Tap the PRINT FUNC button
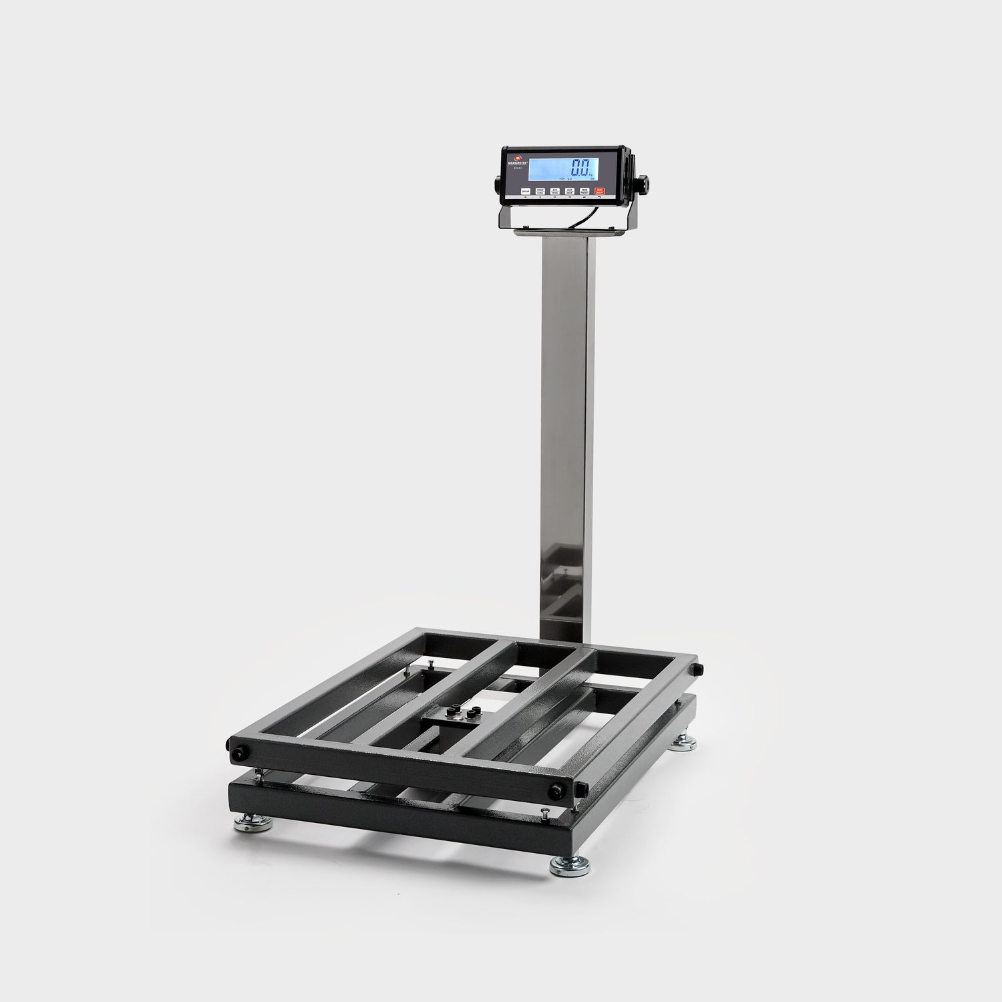540,191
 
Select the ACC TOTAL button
554,191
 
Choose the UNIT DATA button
570,191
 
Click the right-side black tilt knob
641,182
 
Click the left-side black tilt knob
498,182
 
